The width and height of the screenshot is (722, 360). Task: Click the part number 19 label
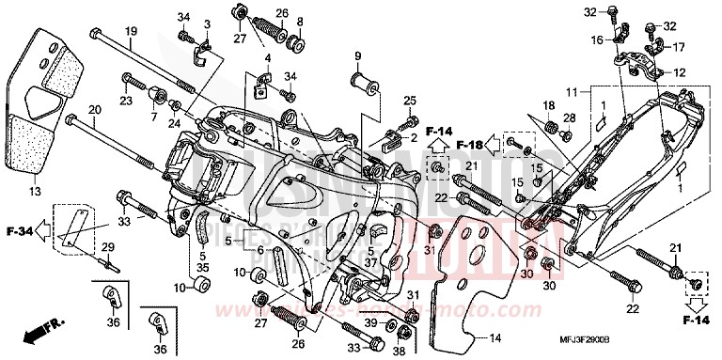click(132, 31)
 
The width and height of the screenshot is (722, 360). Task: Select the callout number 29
click(107, 246)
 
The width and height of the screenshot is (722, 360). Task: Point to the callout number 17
click(680, 47)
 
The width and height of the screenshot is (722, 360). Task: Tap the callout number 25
click(409, 101)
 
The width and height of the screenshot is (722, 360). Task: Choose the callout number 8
click(300, 21)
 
